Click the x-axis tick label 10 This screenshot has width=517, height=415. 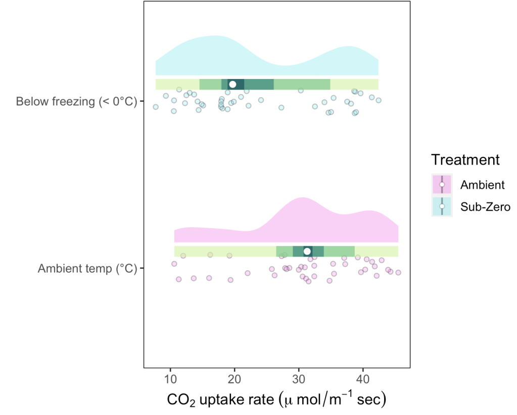pos(170,379)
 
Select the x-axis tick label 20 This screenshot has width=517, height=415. pos(234,379)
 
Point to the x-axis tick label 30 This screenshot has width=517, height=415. pos(299,379)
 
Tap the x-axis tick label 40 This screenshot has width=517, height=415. pos(362,379)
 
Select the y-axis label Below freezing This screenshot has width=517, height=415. pos(76,102)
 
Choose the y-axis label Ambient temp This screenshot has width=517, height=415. pos(87,268)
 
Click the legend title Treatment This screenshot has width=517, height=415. pos(465,160)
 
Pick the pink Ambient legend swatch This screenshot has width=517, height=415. pos(442,185)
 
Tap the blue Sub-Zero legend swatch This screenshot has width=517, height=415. pos(442,206)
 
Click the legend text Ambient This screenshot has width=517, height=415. pos(482,185)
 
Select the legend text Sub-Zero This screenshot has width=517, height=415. pos(486,206)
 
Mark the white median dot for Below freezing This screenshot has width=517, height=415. pos(232,84)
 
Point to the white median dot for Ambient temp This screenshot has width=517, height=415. pos(307,252)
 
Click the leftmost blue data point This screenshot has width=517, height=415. pos(156,107)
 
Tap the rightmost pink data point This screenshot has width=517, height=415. pos(398,272)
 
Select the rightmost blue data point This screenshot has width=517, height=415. pos(378,100)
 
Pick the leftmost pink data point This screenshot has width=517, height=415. pos(174,263)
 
